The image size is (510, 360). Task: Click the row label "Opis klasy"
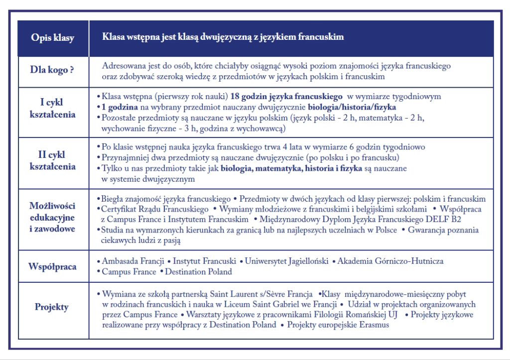52,38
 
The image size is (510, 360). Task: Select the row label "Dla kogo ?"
52,70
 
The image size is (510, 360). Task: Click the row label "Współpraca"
52,266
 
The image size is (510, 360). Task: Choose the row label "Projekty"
52,307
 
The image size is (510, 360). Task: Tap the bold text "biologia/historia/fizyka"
352,108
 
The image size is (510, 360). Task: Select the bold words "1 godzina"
120,108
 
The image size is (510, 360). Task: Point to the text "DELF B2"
466,220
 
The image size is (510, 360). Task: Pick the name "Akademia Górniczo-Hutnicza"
390,261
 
